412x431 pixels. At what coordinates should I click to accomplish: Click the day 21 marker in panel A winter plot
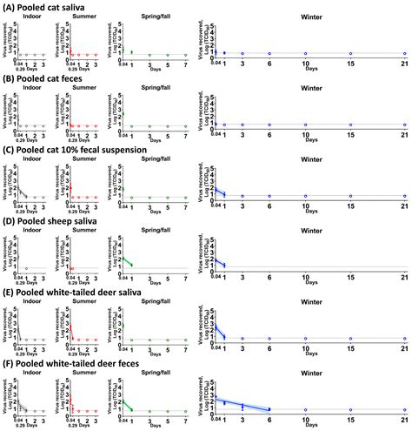pyautogui.click(x=404, y=54)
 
